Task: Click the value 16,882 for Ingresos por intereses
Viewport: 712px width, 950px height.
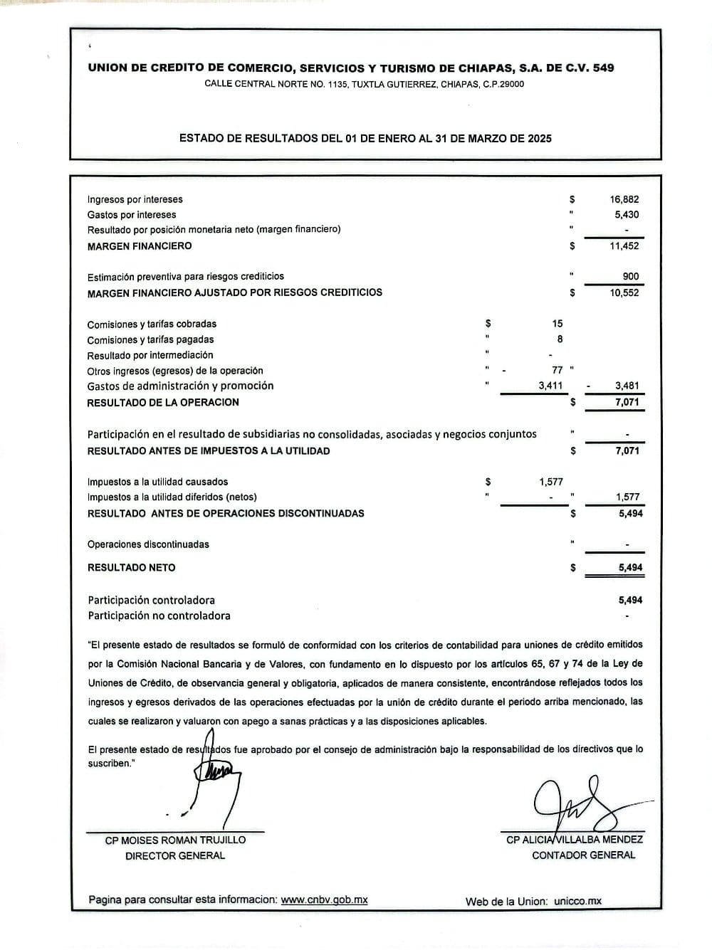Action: tap(624, 200)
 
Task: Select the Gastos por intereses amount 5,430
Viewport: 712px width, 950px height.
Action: tap(627, 215)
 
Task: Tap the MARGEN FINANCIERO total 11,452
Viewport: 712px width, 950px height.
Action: tap(624, 246)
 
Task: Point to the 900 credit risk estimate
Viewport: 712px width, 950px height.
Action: tap(630, 277)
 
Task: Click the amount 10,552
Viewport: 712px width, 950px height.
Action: tap(624, 292)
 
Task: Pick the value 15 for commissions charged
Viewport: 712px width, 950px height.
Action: tap(557, 324)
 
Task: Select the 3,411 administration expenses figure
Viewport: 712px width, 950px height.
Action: tap(550, 386)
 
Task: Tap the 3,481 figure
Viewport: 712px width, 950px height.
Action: tap(627, 386)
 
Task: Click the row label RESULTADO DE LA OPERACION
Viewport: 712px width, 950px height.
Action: tap(163, 403)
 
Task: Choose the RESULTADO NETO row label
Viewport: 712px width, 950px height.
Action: tap(131, 568)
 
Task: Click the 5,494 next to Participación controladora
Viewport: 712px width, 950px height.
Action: tap(630, 601)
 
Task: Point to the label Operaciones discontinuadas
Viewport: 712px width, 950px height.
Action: tap(148, 545)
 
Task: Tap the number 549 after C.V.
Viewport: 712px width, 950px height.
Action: tap(602, 68)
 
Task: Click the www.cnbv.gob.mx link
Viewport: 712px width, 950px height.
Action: tap(324, 899)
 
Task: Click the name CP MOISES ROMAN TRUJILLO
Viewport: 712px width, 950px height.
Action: tap(175, 840)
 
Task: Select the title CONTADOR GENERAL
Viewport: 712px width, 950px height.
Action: tap(583, 855)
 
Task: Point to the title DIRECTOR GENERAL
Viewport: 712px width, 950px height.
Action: tap(175, 856)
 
